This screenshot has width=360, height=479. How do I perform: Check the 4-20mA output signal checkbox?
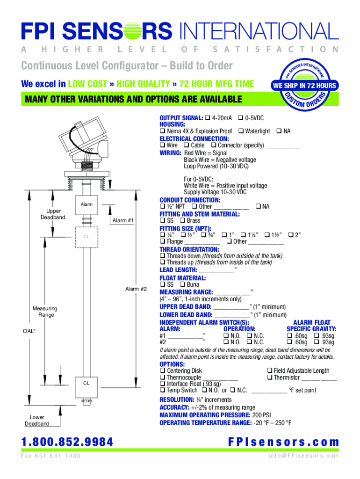click(208, 117)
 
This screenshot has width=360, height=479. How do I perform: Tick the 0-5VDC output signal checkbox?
click(241, 117)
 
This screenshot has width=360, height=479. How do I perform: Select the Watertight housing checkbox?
click(241, 131)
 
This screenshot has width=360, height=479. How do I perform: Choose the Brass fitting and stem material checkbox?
click(183, 220)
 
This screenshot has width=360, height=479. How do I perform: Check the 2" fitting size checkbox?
click(291, 235)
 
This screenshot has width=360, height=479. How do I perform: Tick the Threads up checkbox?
click(162, 262)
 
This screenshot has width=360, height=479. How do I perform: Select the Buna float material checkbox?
click(183, 284)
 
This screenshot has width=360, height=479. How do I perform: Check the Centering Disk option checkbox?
click(162, 370)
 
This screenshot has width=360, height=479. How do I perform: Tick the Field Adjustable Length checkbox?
click(270, 370)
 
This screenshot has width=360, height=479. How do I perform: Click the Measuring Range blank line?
click(232, 295)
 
